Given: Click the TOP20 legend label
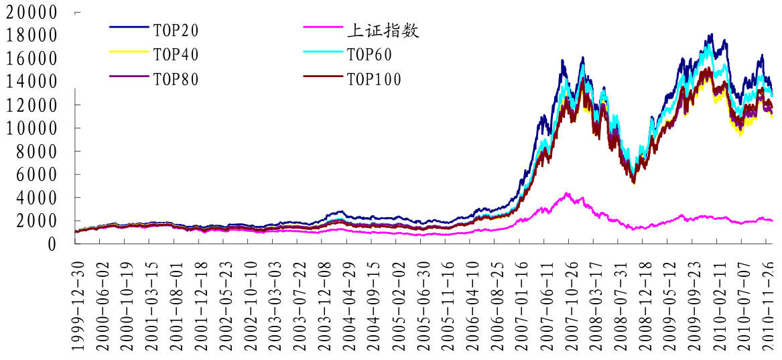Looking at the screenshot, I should pyautogui.click(x=176, y=30).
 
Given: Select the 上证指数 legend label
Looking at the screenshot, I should pyautogui.click(x=383, y=30).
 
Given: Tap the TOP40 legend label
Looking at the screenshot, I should pyautogui.click(x=176, y=54).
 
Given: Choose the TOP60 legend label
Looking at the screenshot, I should pyautogui.click(x=369, y=54).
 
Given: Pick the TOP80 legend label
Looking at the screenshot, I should pyautogui.click(x=176, y=79).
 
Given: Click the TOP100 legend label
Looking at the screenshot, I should pyautogui.click(x=374, y=79).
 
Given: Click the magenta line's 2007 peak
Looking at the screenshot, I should pyautogui.click(x=567, y=193).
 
